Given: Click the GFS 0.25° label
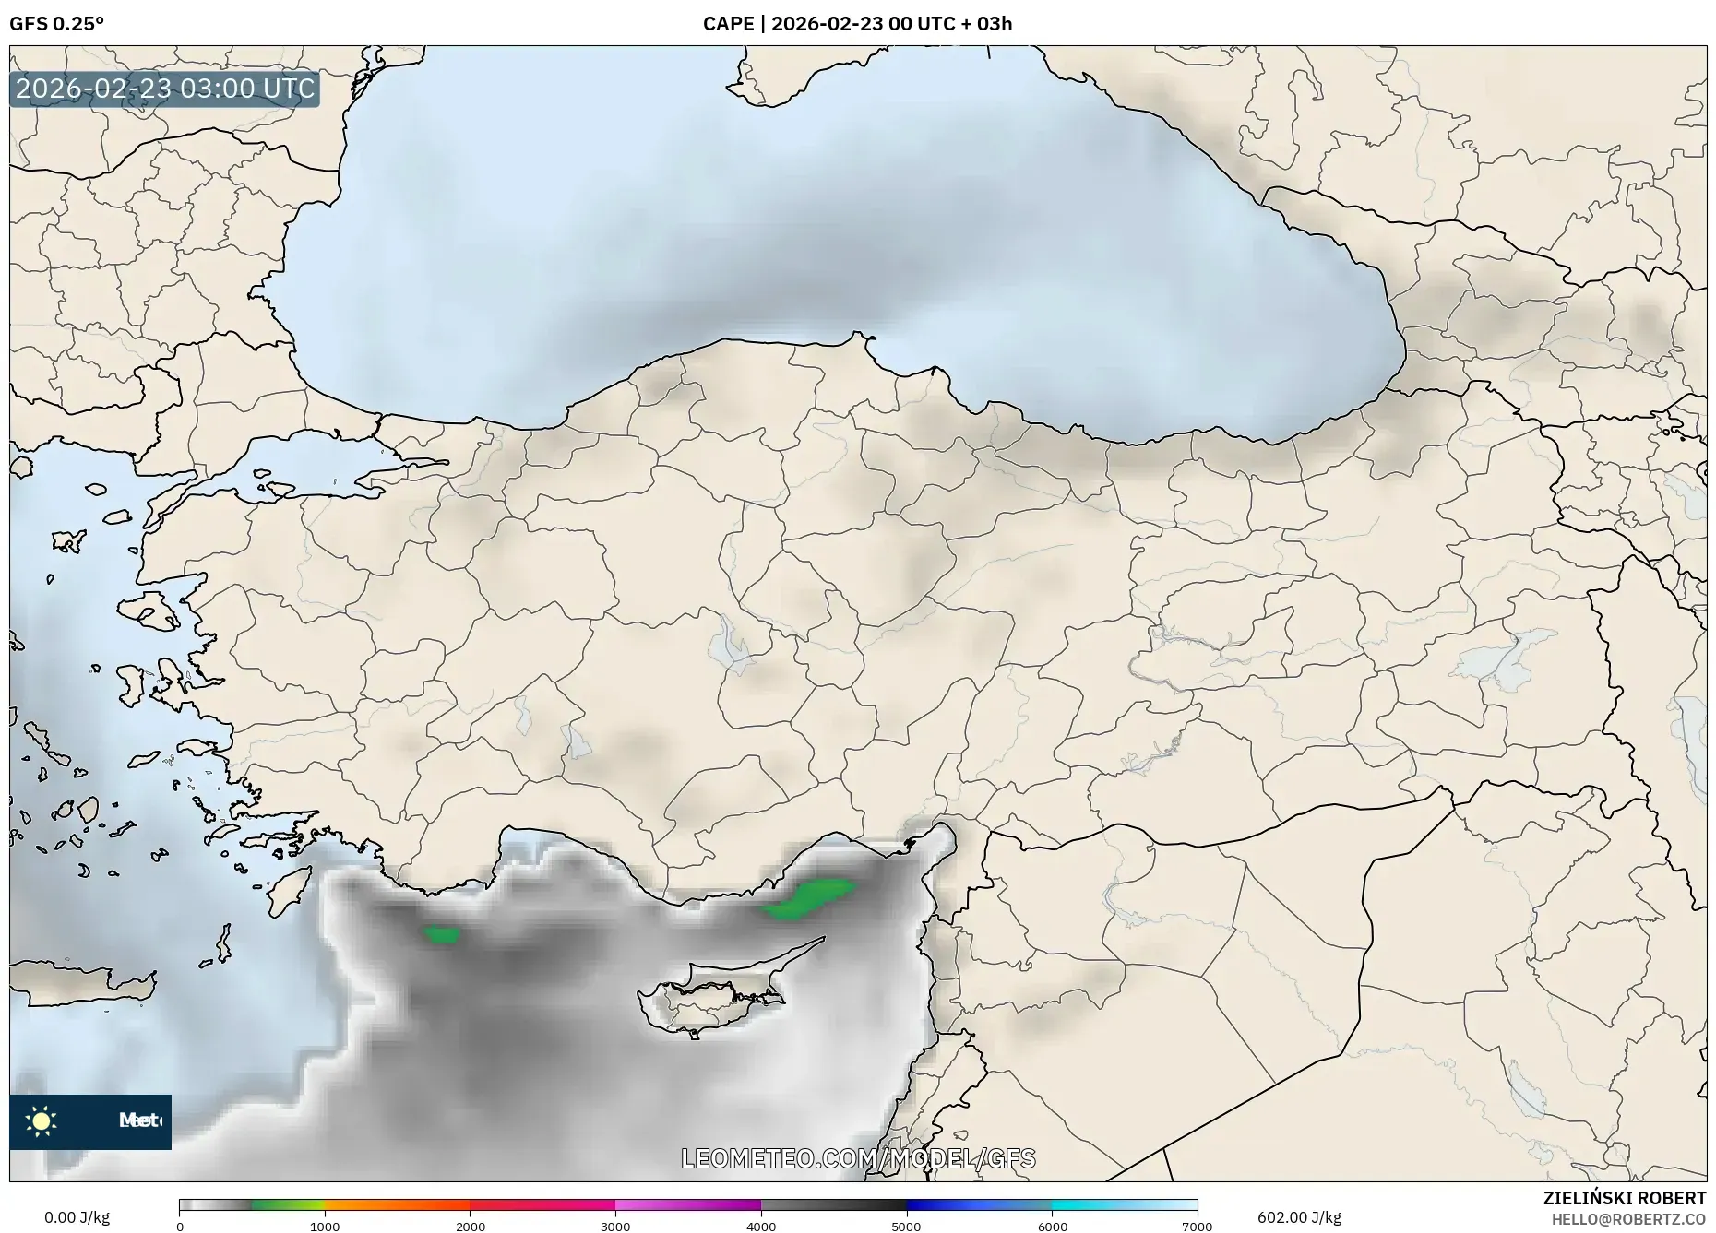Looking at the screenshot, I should coord(56,24).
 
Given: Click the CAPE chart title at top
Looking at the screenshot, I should coord(857,24).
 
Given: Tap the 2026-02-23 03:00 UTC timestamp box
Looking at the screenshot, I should coord(165,89).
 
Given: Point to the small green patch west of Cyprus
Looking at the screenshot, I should coord(442,935).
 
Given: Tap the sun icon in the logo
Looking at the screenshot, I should coord(42,1120).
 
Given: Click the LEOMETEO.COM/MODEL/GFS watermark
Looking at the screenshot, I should coord(858,1158).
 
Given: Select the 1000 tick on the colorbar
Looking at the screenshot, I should coord(325,1227).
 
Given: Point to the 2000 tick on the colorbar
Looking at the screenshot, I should coord(471,1227).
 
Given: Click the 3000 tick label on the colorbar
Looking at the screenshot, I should coord(615,1227).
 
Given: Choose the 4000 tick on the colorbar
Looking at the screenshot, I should coord(761,1227).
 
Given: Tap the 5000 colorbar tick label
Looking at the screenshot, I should coord(906,1227).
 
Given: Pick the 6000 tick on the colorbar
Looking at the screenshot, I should coord(1052,1227).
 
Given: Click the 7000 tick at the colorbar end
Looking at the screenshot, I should coord(1197,1227).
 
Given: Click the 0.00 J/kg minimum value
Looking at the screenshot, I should coord(77,1217).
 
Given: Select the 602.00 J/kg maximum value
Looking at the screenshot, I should coord(1299,1217).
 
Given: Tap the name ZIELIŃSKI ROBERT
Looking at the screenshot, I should coord(1624,1198).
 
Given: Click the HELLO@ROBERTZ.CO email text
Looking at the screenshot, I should coord(1628,1219).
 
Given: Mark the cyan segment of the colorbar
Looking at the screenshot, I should coord(1089,1205).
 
